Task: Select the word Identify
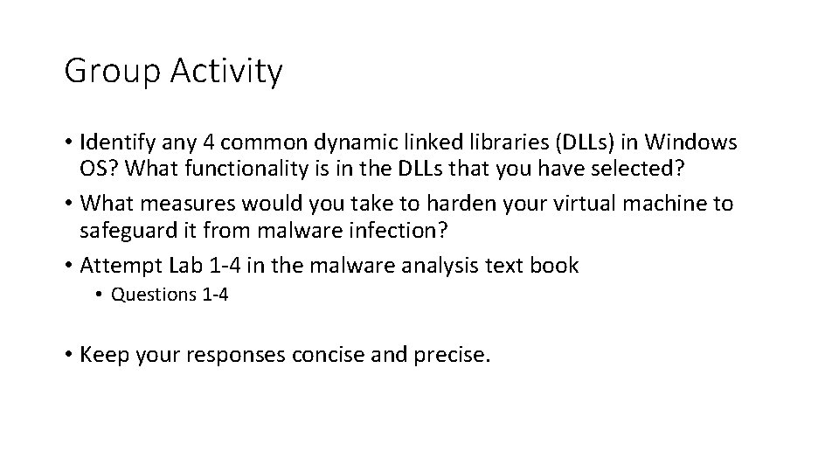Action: pos(119,142)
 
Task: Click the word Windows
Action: pos(694,142)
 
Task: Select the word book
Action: pos(553,266)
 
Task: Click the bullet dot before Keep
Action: pos(68,355)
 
